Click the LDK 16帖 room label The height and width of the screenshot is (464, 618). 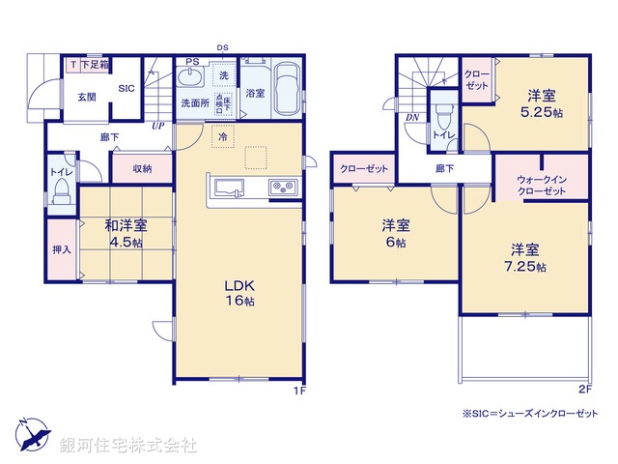pyautogui.click(x=239, y=294)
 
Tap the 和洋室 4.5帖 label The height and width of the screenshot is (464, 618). pyautogui.click(x=126, y=234)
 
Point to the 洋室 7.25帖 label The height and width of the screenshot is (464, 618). pyautogui.click(x=528, y=256)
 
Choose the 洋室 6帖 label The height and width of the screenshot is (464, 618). pyautogui.click(x=394, y=234)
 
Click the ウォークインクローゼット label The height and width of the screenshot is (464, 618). pyautogui.click(x=541, y=185)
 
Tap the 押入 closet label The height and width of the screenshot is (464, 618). pyautogui.click(x=62, y=250)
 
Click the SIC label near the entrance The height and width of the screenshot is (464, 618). pyautogui.click(x=126, y=89)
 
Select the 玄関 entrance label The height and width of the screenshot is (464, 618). pyautogui.click(x=86, y=97)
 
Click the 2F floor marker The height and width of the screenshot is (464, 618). pyautogui.click(x=583, y=390)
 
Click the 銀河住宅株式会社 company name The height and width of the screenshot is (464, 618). pyautogui.click(x=128, y=446)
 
